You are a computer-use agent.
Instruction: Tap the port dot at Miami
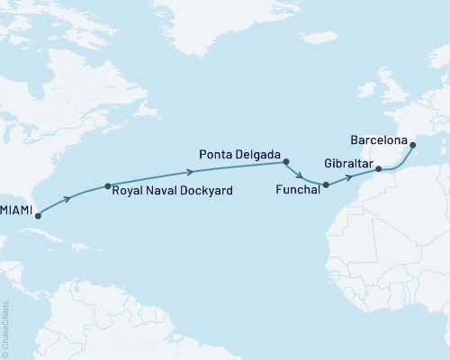pos(37,216)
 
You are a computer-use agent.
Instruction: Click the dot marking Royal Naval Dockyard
pos(107,186)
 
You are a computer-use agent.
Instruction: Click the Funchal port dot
pos(326,185)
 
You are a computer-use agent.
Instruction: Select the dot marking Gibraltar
pos(379,168)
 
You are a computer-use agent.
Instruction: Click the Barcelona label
pos(379,141)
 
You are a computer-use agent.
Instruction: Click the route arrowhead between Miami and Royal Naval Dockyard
pos(68,198)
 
